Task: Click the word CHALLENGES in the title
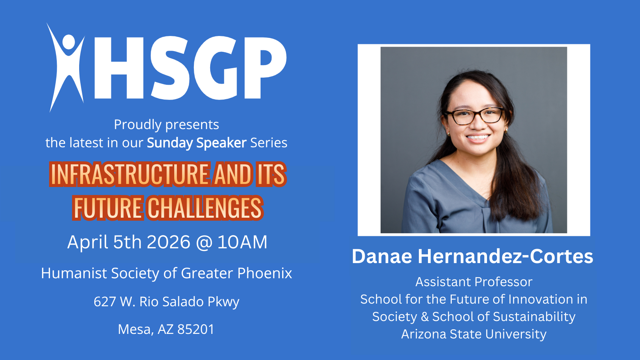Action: (204, 208)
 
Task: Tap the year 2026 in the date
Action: (168, 242)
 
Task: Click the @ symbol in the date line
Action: (204, 243)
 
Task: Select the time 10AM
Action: (242, 242)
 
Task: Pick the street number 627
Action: (105, 302)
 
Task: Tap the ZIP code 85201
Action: (196, 329)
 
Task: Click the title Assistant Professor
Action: (474, 282)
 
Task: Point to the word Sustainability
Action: (534, 317)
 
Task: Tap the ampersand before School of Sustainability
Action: (425, 317)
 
